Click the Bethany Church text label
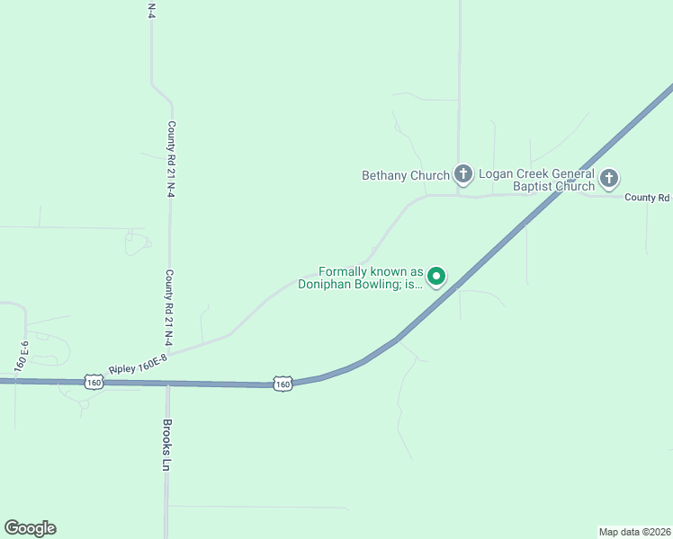405,175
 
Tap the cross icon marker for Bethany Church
462,173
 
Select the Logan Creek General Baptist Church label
536,180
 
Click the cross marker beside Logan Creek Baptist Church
609,178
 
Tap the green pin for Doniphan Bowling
436,276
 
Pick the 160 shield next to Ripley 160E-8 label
94,382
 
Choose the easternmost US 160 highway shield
283,384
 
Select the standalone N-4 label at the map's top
151,10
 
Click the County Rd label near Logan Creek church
648,198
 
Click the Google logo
30,528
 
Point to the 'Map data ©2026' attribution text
635,530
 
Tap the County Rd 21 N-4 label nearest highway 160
169,308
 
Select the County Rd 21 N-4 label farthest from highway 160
170,159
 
